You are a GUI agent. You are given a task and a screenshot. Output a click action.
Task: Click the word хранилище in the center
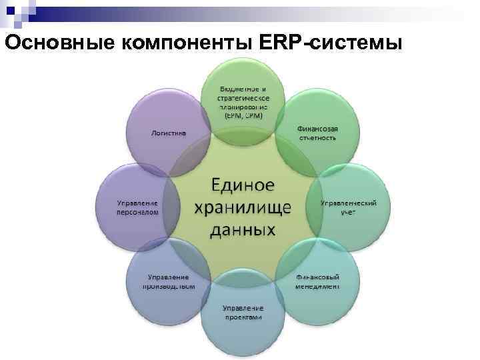(x=243, y=207)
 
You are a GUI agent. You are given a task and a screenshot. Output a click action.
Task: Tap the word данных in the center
(x=243, y=230)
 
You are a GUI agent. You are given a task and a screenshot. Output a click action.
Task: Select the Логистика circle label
(x=169, y=133)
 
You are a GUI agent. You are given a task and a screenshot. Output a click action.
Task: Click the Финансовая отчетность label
(x=317, y=133)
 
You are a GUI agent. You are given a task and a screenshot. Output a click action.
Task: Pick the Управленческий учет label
(x=349, y=207)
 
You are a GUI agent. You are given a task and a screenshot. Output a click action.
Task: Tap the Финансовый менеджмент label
(x=317, y=281)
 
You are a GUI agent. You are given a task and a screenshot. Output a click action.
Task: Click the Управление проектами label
(x=243, y=313)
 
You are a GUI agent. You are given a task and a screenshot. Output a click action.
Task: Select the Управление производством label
(x=168, y=281)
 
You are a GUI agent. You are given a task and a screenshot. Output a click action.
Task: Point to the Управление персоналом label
(x=138, y=207)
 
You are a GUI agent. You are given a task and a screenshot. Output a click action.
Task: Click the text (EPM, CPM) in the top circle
(x=243, y=114)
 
